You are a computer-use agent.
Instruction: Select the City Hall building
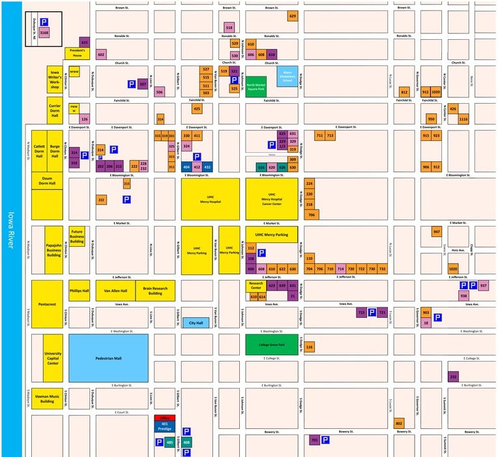coord(196,323)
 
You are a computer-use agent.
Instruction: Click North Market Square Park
coord(256,86)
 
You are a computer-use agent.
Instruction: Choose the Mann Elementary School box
coord(287,76)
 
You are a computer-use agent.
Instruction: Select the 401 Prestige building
coord(165,427)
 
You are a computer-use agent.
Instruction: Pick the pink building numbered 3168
coord(44,31)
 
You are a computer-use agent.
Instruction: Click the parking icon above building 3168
coord(44,22)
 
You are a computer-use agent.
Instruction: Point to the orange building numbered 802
coord(399,424)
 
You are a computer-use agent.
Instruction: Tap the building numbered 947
coord(436,232)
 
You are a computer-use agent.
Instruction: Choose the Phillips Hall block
coord(79,291)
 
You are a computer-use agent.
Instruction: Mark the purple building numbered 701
coord(314,441)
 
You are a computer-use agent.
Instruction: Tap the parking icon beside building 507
coord(131,84)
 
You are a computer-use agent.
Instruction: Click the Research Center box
coord(256,285)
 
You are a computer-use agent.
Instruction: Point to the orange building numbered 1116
coord(463,119)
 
